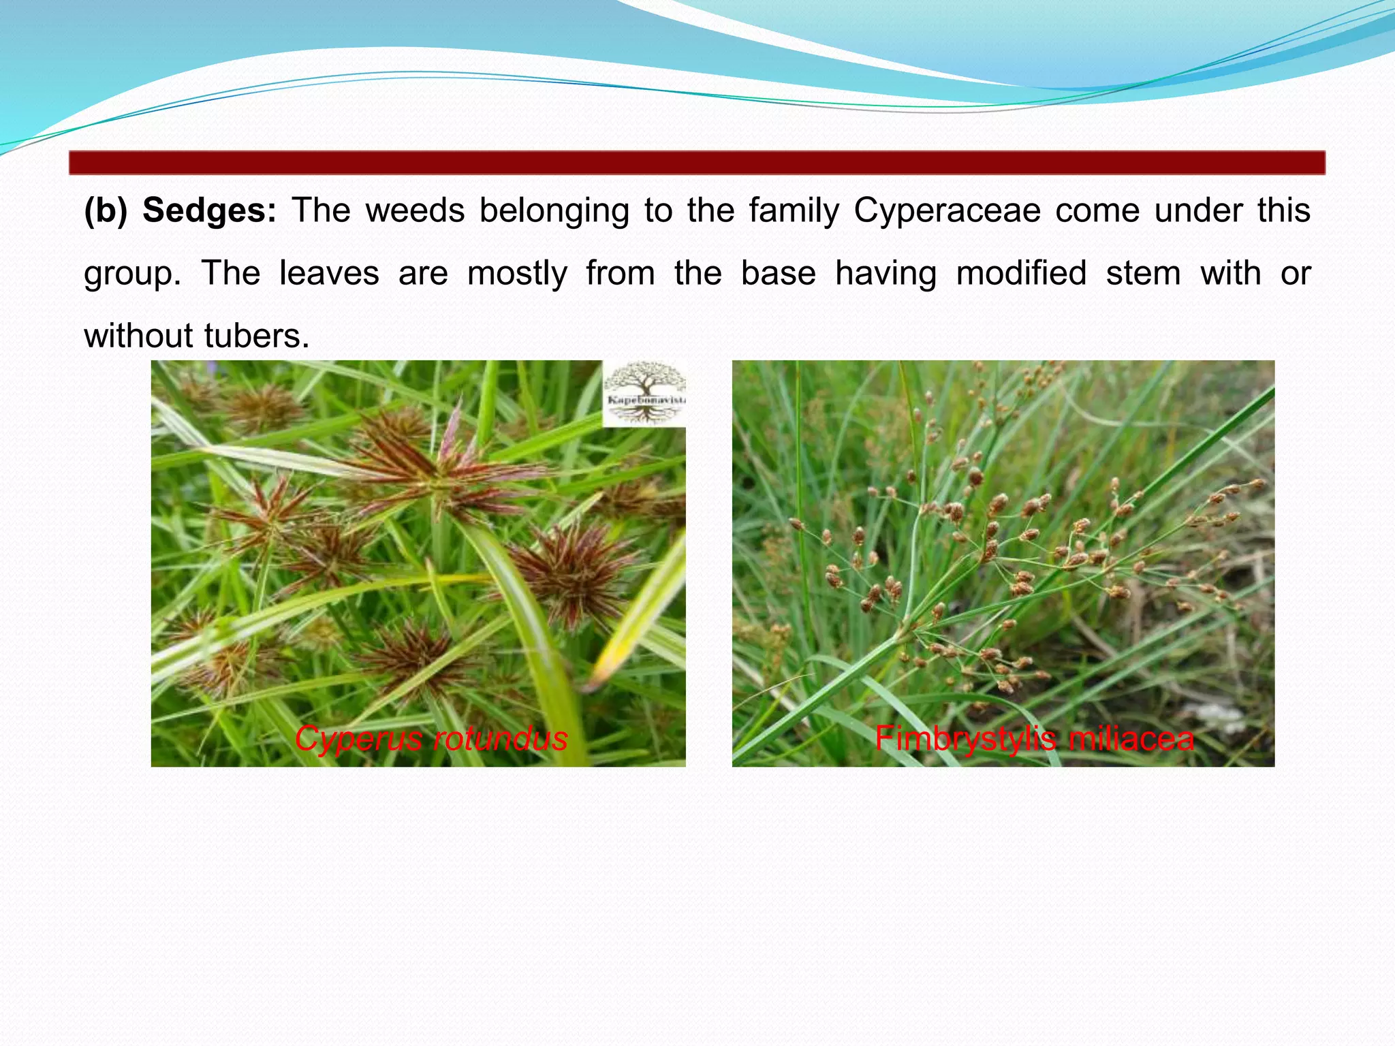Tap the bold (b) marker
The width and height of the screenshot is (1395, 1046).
[x=106, y=210]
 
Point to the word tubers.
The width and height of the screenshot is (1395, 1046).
[x=257, y=336]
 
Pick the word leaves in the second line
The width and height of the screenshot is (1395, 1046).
[x=329, y=274]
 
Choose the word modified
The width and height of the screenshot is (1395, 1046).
[x=1021, y=274]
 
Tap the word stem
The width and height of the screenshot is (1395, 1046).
[x=1143, y=274]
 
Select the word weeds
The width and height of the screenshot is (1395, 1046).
[x=415, y=210]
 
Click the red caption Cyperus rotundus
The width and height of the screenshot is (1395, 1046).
[x=431, y=739]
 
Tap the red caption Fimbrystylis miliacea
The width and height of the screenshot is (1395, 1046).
[x=1034, y=739]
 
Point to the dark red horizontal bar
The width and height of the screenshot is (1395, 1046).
[x=697, y=163]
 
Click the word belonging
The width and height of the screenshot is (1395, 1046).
[x=554, y=210]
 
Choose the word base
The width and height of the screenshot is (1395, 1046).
[x=778, y=274]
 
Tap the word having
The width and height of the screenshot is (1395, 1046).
[x=885, y=274]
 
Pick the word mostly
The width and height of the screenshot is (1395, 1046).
[x=517, y=274]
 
